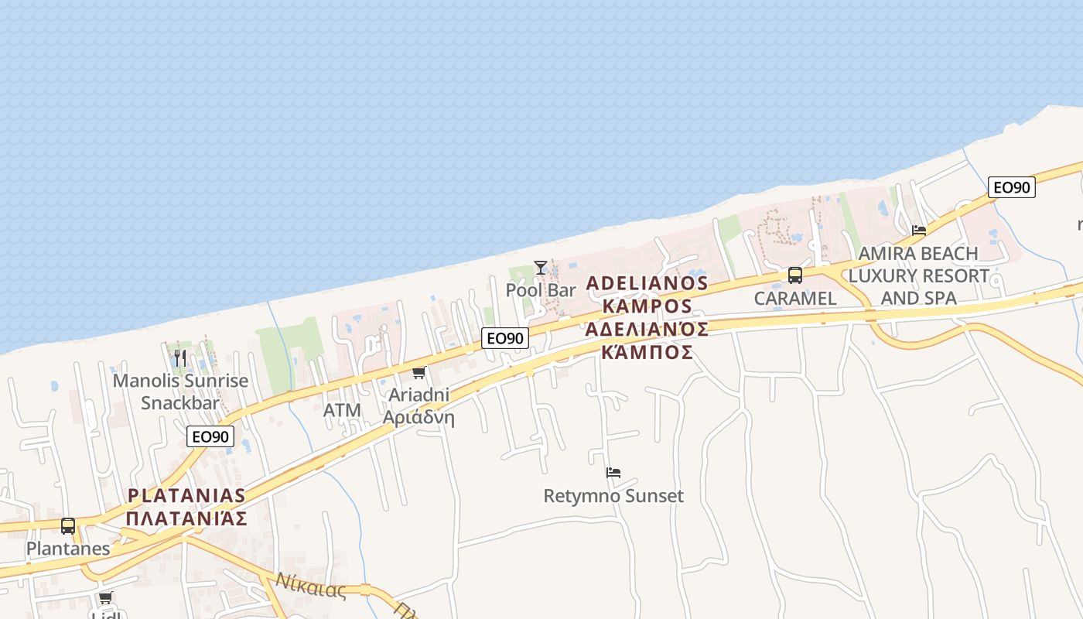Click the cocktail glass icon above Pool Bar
point(541,268)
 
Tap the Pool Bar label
point(541,290)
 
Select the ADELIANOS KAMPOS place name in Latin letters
point(647,294)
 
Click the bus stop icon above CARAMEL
point(794,275)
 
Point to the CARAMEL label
point(794,298)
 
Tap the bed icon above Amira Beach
point(919,231)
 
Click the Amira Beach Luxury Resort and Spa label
point(918,275)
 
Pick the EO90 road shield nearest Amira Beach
point(1011,187)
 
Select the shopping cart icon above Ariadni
point(419,373)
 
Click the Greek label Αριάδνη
point(419,418)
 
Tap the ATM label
point(342,410)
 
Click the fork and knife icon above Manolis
point(180,358)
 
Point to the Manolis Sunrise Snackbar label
point(180,392)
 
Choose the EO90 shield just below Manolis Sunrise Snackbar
point(210,436)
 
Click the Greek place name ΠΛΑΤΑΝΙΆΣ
point(186,518)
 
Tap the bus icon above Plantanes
point(68,526)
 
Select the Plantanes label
point(68,549)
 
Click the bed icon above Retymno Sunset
point(613,473)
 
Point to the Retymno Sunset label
point(613,495)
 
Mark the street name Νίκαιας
point(310,586)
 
